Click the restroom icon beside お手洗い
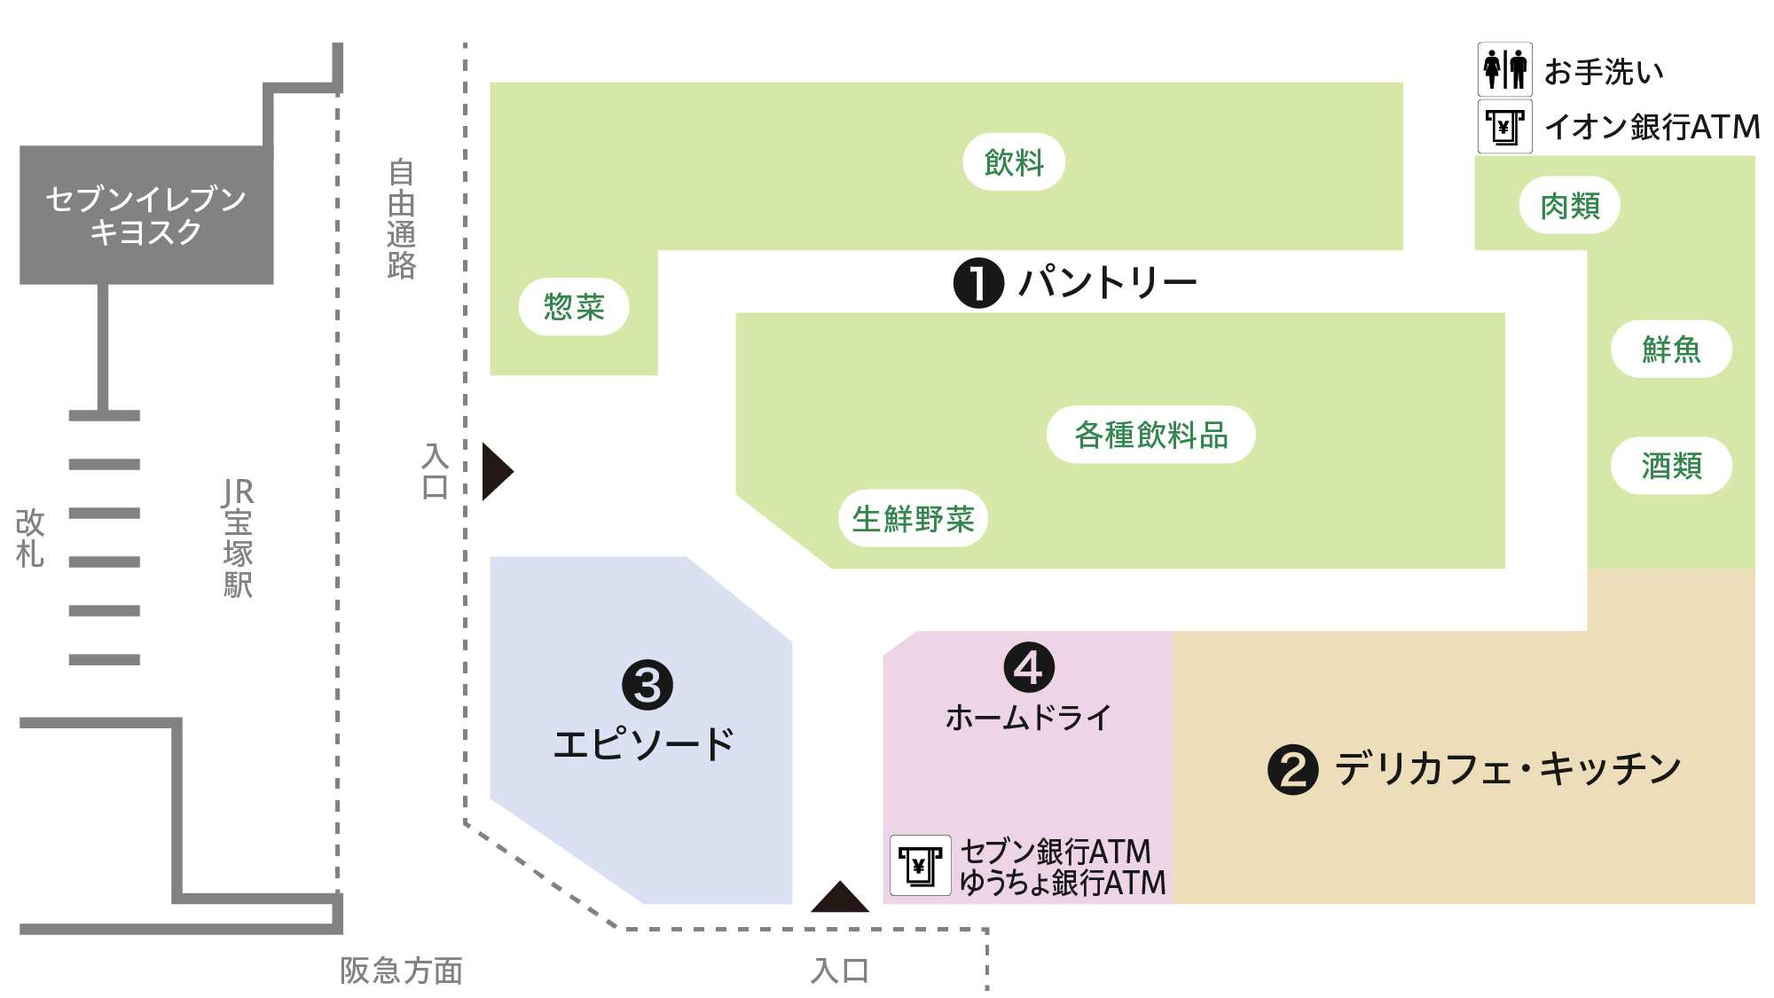[1504, 69]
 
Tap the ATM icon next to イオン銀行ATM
[1504, 127]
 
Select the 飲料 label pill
[1014, 161]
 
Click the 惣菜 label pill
[574, 307]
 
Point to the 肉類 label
[1570, 206]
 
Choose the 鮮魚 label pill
[1671, 349]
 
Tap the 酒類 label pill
[1671, 466]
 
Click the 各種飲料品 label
[1150, 435]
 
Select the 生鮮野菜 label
[913, 518]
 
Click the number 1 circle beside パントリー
[978, 283]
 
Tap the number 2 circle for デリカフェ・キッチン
[1292, 769]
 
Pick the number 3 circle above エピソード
[648, 685]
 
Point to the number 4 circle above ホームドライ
[1029, 668]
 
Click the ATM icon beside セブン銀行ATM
[920, 865]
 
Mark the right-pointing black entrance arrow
[496, 471]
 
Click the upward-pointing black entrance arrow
[839, 898]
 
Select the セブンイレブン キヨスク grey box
[146, 215]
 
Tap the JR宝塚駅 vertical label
[238, 538]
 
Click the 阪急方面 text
[401, 970]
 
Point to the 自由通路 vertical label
[401, 218]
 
